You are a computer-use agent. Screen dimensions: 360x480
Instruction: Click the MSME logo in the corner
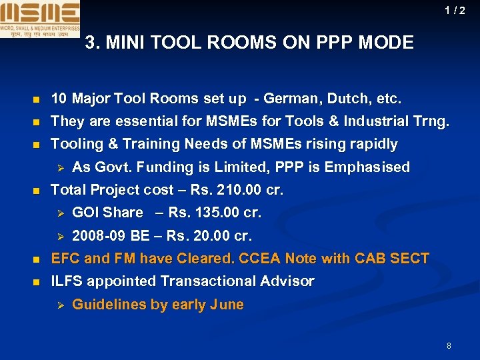(x=40, y=19)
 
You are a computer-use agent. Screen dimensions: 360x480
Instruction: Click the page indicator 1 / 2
(x=455, y=11)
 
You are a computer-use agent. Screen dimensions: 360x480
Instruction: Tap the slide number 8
(x=449, y=345)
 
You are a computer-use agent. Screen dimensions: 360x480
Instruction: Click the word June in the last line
(x=227, y=305)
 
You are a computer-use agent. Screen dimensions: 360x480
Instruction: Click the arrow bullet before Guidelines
(x=59, y=305)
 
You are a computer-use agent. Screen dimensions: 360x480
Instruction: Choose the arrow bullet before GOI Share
(x=59, y=213)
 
